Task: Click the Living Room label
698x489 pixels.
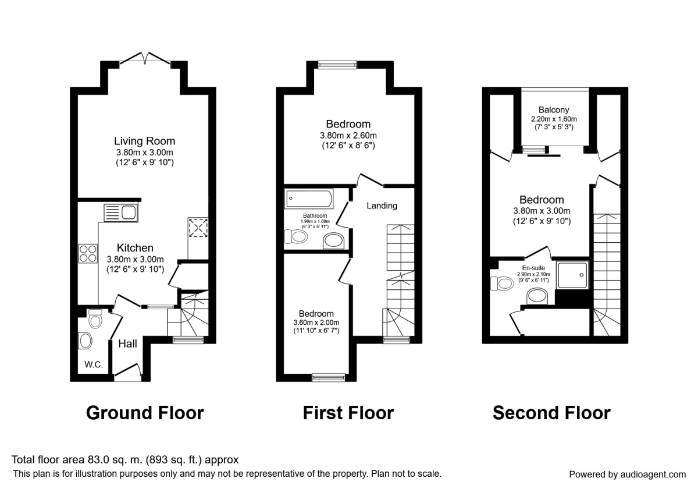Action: pos(144,141)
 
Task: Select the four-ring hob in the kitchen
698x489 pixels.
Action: pos(88,254)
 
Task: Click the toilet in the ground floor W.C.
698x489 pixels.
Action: pos(95,319)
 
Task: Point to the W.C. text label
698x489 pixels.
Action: pos(94,364)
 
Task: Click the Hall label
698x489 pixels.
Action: pos(127,343)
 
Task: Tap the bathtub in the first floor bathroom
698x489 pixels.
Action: pos(309,199)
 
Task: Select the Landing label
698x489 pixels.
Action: pos(382,205)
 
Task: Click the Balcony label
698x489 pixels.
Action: pos(554,109)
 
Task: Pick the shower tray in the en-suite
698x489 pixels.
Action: pos(573,274)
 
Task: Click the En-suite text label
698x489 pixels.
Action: pos(534,269)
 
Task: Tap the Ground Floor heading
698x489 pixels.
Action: pos(145,413)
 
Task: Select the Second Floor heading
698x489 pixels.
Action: pos(551,413)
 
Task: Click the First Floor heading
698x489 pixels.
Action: pos(348,413)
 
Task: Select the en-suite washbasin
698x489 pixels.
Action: pos(538,297)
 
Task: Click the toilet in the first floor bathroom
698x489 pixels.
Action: pos(297,236)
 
